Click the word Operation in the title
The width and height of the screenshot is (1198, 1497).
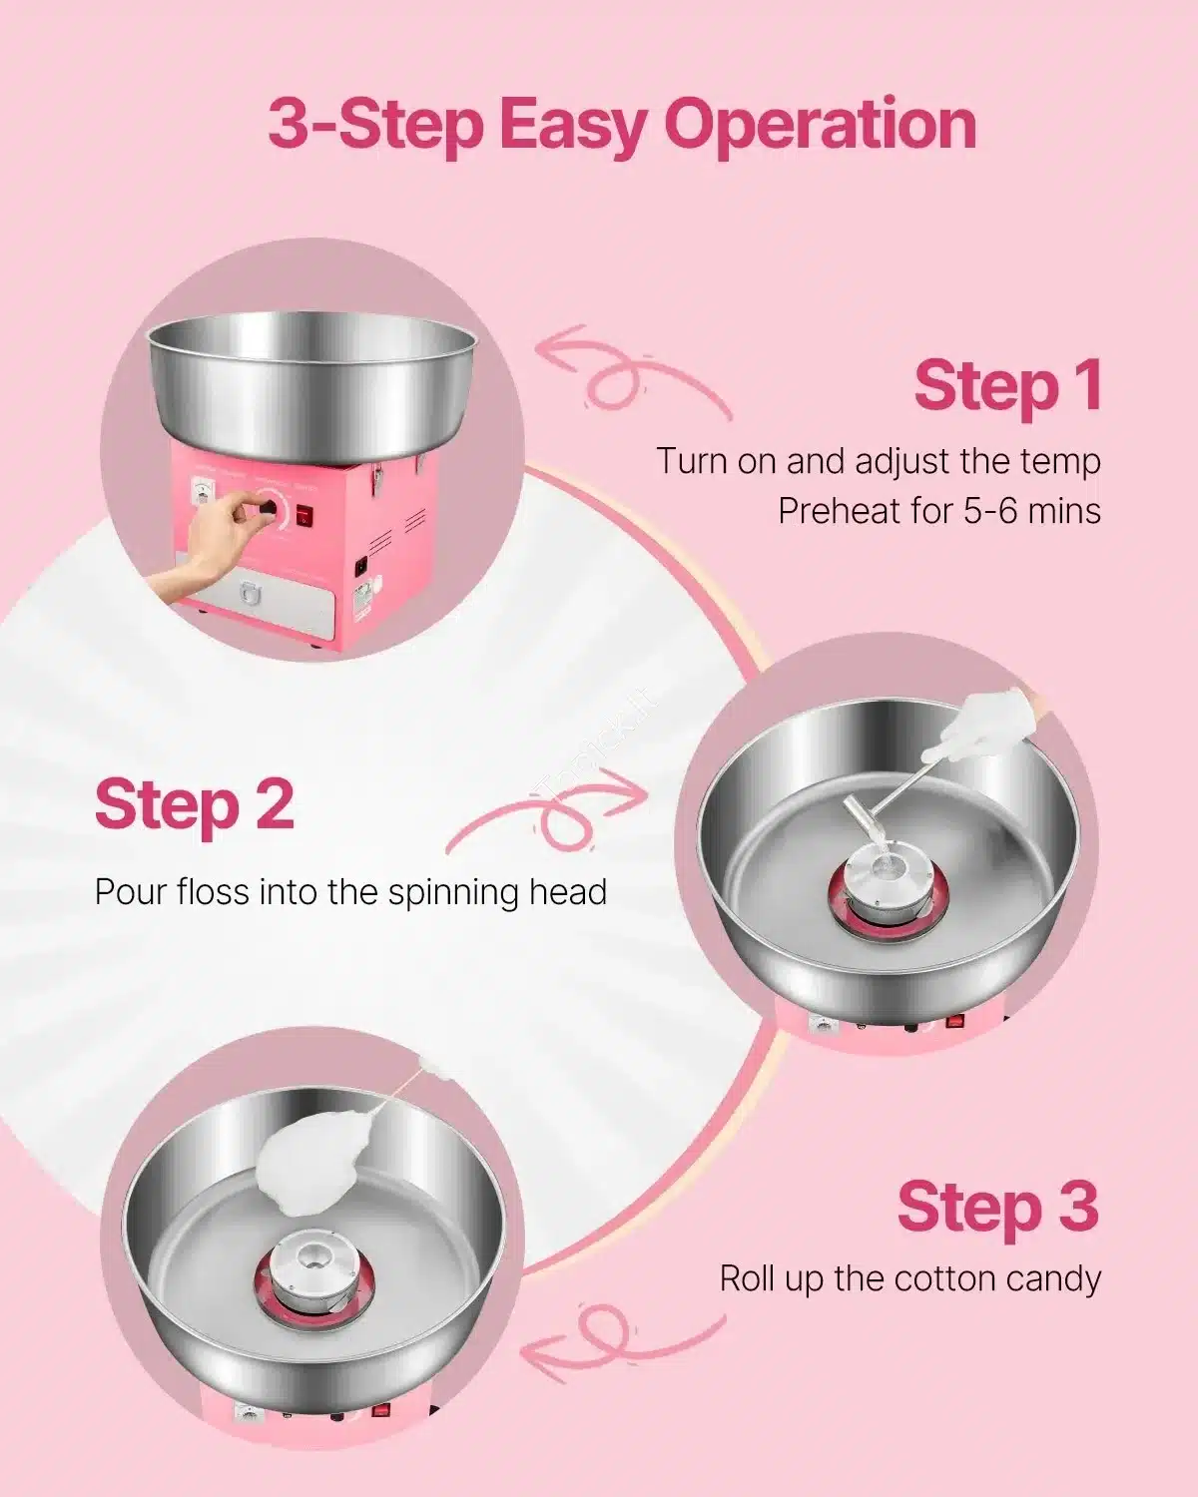(x=820, y=126)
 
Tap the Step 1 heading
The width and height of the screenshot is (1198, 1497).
(x=1007, y=387)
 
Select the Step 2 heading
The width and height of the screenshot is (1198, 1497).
(x=195, y=807)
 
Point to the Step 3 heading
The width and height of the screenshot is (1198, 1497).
(x=999, y=1207)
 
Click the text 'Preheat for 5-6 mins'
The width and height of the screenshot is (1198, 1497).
(x=939, y=511)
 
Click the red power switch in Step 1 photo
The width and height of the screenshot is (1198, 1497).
(x=303, y=515)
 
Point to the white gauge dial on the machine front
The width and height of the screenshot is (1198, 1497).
(x=203, y=493)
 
